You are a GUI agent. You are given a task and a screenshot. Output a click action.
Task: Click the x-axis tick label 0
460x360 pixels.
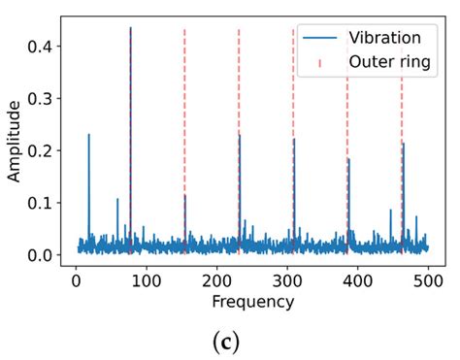tap(76, 280)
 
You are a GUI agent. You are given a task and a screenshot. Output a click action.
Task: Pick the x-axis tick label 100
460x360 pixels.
tap(146, 280)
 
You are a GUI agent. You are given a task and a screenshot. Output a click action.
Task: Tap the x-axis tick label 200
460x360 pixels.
tap(216, 280)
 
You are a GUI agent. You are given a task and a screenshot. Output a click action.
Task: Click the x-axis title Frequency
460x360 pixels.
tap(252, 302)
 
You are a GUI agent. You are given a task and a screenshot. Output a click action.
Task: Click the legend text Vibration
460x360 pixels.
tap(385, 38)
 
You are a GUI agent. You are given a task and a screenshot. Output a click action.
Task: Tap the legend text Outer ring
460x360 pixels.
tap(390, 63)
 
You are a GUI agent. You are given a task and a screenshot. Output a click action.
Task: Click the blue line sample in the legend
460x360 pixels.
tap(320, 39)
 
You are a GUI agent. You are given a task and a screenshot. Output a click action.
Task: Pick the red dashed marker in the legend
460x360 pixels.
tap(320, 63)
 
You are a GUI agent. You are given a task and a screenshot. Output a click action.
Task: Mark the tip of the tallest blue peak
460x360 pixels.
tap(130, 28)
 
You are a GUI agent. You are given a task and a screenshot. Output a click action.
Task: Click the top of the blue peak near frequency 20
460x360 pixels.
tap(88, 135)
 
